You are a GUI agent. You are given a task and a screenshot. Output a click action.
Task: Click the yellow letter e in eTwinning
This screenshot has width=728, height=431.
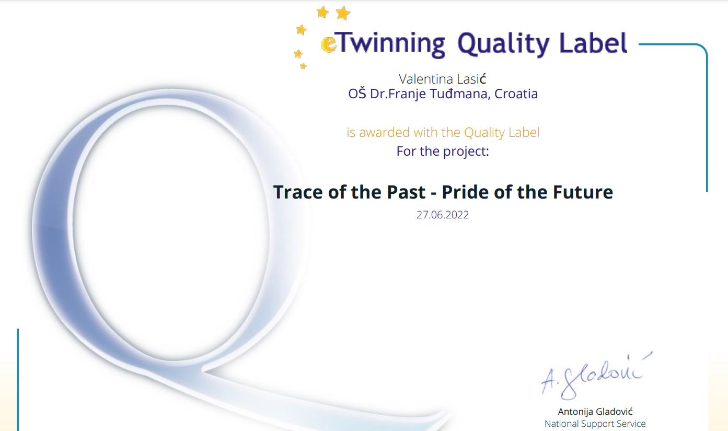329,44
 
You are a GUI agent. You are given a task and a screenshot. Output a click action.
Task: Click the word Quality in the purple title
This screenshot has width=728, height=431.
503,44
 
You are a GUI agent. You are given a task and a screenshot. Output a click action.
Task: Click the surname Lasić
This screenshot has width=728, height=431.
471,79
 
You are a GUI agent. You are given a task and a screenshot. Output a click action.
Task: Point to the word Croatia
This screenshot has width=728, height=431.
516,94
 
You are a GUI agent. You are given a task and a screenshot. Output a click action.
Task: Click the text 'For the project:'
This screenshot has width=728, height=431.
443,152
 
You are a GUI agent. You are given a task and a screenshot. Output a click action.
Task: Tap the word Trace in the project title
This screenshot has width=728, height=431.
298,192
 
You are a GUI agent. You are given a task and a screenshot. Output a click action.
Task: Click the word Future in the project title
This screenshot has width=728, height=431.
583,192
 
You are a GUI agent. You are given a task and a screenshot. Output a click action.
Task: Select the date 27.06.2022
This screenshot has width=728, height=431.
443,215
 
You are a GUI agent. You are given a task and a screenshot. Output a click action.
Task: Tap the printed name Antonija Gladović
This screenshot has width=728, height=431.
595,412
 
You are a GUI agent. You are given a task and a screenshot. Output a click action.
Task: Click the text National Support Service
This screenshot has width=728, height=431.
595,424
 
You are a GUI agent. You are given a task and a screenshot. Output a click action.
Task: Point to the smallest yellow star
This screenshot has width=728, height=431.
303,66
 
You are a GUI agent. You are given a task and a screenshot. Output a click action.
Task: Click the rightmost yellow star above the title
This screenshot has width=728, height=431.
343,13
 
